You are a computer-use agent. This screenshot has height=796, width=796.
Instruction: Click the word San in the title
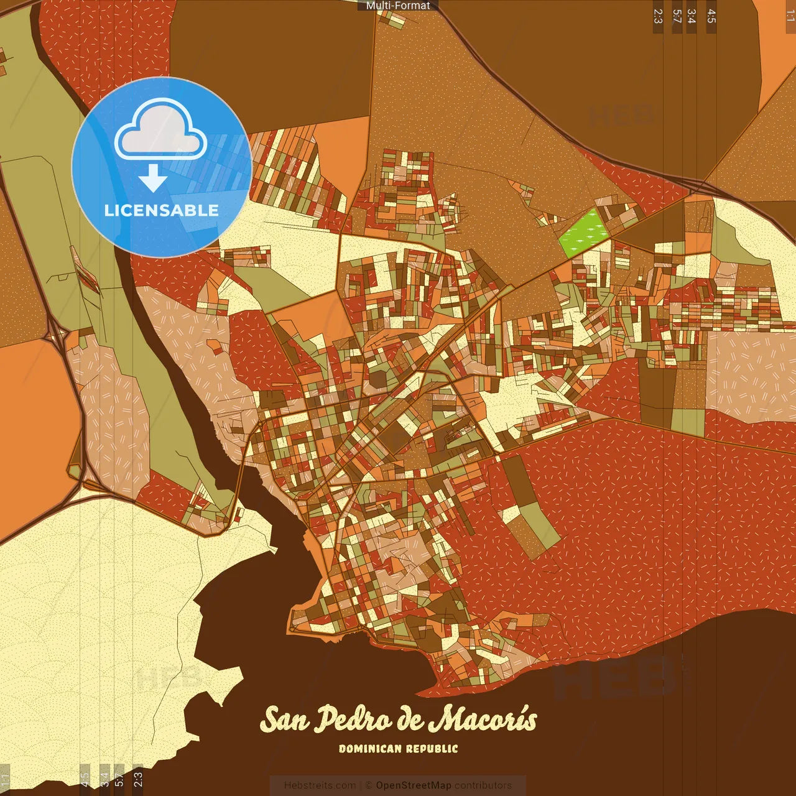[x=285, y=720]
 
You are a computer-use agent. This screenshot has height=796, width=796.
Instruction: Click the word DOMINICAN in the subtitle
[x=371, y=749]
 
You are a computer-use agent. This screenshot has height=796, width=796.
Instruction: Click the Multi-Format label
[x=398, y=6]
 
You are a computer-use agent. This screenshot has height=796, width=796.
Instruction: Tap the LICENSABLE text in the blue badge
[x=162, y=210]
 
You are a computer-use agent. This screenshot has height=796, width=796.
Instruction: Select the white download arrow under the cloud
[x=153, y=178]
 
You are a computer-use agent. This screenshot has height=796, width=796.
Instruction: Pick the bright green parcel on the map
[x=584, y=233]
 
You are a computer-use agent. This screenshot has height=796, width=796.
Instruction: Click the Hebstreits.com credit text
[x=320, y=785]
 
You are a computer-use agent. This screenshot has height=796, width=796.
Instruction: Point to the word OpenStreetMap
[x=414, y=785]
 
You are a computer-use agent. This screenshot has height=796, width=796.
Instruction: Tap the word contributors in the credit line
[x=483, y=785]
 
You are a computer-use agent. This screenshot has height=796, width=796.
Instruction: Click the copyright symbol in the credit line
[x=368, y=785]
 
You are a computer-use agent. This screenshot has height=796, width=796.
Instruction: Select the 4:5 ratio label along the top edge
[x=711, y=16]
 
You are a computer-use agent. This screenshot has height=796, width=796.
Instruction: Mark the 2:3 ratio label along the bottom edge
[x=137, y=779]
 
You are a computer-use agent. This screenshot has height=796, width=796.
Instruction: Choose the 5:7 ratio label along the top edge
[x=677, y=16]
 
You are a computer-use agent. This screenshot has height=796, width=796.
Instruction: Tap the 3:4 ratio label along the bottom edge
[x=104, y=779]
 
